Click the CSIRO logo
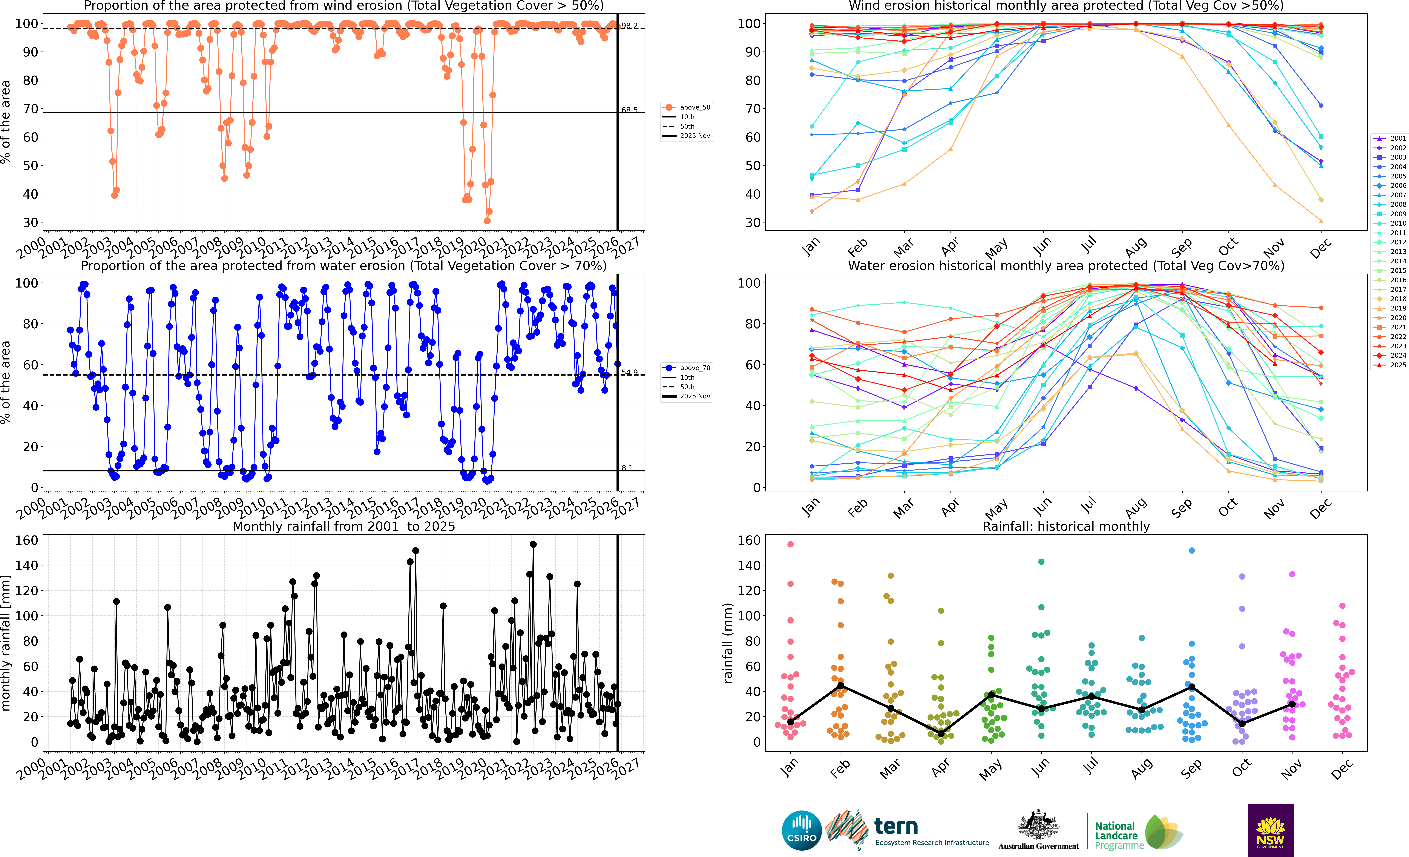(x=802, y=830)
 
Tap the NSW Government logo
(x=1270, y=830)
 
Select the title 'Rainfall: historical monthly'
(x=1066, y=526)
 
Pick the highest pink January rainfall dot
(x=791, y=545)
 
